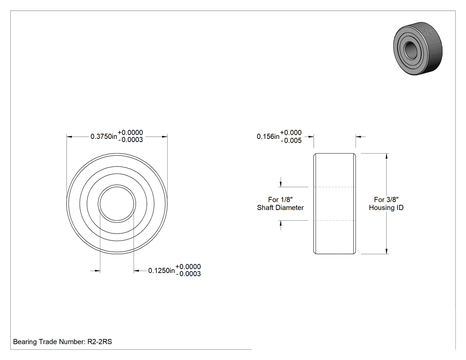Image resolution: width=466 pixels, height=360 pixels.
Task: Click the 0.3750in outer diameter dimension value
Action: pyautogui.click(x=104, y=136)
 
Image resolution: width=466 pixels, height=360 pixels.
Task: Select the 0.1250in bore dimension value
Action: pyautogui.click(x=162, y=270)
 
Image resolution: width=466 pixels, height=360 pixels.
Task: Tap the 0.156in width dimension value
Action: pyautogui.click(x=268, y=136)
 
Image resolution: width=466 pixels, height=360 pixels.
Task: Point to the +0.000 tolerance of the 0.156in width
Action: pyautogui.click(x=291, y=133)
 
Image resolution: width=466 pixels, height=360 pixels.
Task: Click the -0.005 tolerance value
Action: pyautogui.click(x=291, y=141)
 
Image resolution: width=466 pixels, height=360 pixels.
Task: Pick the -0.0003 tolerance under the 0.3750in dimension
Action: pyautogui.click(x=130, y=140)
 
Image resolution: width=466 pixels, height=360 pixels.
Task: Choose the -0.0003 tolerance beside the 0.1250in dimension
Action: pyautogui.click(x=188, y=274)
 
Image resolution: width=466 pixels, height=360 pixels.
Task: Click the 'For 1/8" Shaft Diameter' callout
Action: pyautogui.click(x=280, y=204)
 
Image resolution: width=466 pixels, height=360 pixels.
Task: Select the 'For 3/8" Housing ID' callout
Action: pyautogui.click(x=386, y=204)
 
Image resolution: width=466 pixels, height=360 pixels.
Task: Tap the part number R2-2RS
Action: pyautogui.click(x=99, y=342)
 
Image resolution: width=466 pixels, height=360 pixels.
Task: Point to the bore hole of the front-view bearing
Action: pyautogui.click(x=117, y=204)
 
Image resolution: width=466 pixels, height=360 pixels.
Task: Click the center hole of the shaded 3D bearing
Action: pyautogui.click(x=411, y=49)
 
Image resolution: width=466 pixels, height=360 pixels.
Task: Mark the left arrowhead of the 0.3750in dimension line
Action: pyautogui.click(x=69, y=137)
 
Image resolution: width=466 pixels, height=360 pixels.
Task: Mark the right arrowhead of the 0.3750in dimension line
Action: pyautogui.click(x=164, y=137)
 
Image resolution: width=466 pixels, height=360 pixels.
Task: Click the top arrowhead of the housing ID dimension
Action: pyautogui.click(x=387, y=156)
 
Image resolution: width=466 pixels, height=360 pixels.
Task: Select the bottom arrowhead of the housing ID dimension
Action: pyautogui.click(x=387, y=251)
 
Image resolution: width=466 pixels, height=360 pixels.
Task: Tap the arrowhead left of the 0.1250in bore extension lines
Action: pyautogui.click(x=97, y=270)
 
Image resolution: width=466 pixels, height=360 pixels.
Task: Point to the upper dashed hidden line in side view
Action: pyautogui.click(x=335, y=187)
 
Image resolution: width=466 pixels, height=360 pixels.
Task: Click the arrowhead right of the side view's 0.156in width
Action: pyautogui.click(x=359, y=137)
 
